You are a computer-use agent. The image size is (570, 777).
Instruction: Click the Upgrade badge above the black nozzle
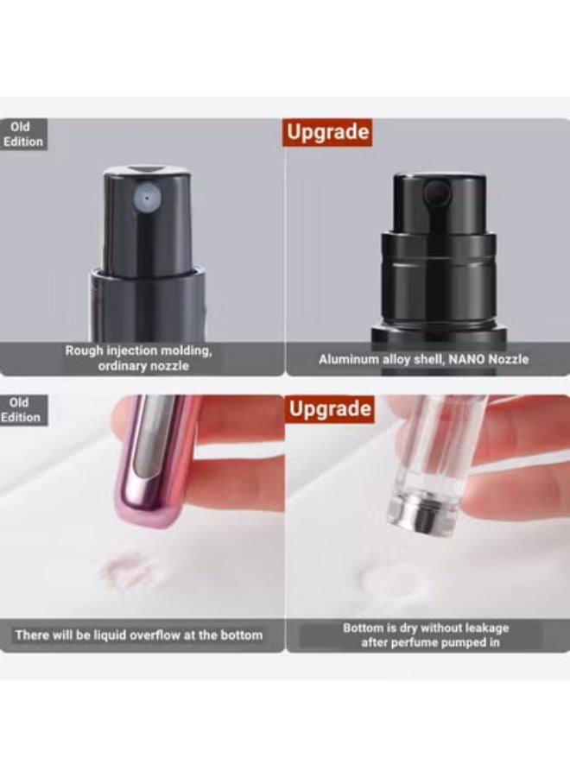click(327, 132)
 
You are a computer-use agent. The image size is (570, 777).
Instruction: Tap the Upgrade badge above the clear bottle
click(330, 409)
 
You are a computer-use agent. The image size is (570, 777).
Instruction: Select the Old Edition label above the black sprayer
click(23, 135)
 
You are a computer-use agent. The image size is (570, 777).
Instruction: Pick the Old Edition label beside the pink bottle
click(22, 410)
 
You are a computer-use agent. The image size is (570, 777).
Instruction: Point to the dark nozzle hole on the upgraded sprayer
click(437, 193)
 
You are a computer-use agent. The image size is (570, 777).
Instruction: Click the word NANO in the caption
click(466, 359)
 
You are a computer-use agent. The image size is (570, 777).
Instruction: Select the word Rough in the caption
click(85, 351)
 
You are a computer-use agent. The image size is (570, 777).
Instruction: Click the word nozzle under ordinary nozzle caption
click(169, 366)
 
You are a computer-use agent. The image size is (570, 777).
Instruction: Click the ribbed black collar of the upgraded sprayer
click(438, 256)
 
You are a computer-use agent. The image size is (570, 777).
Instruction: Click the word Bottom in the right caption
click(364, 628)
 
